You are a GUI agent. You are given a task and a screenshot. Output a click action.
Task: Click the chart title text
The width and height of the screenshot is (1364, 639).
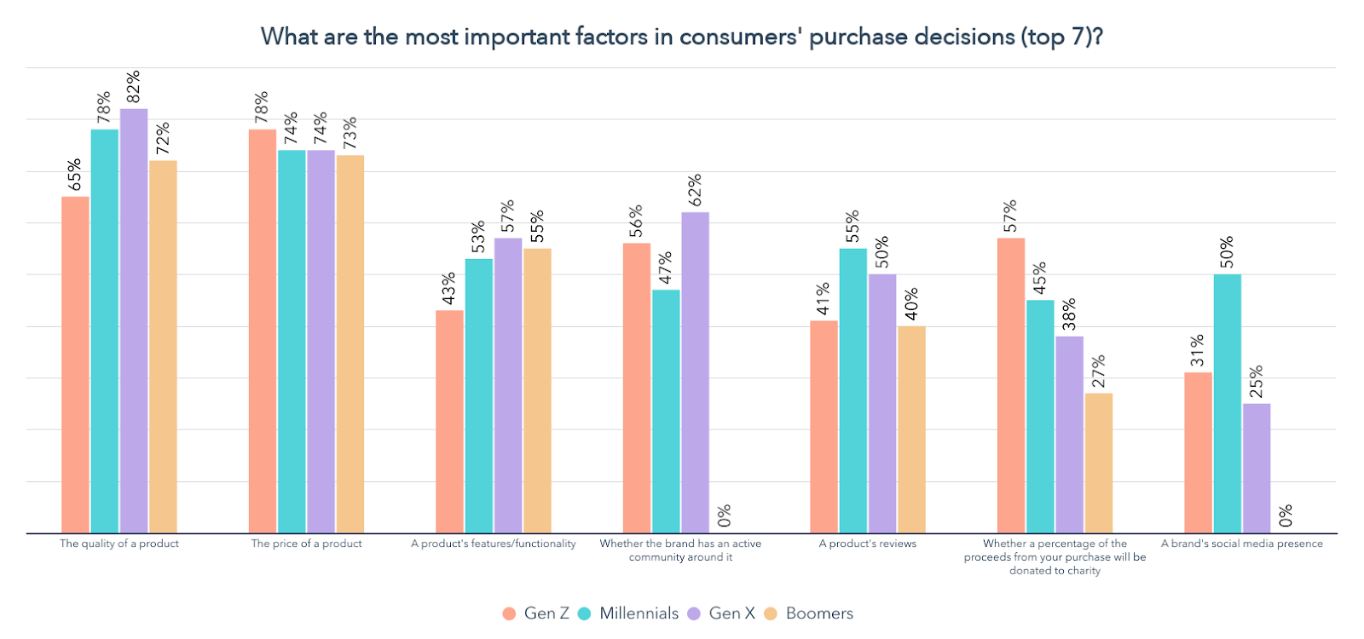click(x=682, y=37)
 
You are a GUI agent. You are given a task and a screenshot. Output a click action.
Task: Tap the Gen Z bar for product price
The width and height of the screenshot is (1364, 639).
click(x=263, y=331)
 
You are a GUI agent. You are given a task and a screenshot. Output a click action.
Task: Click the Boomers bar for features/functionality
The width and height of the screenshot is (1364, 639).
click(x=537, y=391)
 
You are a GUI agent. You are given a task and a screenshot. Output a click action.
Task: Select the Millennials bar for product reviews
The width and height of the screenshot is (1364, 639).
click(x=852, y=391)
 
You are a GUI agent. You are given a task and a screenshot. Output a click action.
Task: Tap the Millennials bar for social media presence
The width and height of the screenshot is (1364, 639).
click(x=1227, y=404)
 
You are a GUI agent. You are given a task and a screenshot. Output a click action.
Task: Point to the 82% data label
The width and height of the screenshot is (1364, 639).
click(x=133, y=87)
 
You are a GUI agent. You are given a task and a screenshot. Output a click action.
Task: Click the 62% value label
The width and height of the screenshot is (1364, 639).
click(x=695, y=190)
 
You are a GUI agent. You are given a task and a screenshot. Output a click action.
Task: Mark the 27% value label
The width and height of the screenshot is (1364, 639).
click(x=1099, y=371)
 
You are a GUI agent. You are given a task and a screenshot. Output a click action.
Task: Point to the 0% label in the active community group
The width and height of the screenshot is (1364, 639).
click(x=725, y=515)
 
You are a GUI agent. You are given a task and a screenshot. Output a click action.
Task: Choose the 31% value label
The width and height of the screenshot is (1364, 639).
click(x=1198, y=350)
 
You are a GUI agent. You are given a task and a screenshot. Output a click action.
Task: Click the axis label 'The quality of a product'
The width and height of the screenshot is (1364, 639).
click(x=119, y=544)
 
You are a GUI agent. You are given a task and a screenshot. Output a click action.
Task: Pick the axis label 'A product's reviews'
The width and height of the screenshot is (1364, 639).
click(x=868, y=544)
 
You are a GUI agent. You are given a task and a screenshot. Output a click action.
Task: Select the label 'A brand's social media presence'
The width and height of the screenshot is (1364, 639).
click(x=1242, y=544)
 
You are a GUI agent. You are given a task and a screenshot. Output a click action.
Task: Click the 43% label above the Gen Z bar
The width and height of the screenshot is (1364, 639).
click(x=449, y=288)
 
